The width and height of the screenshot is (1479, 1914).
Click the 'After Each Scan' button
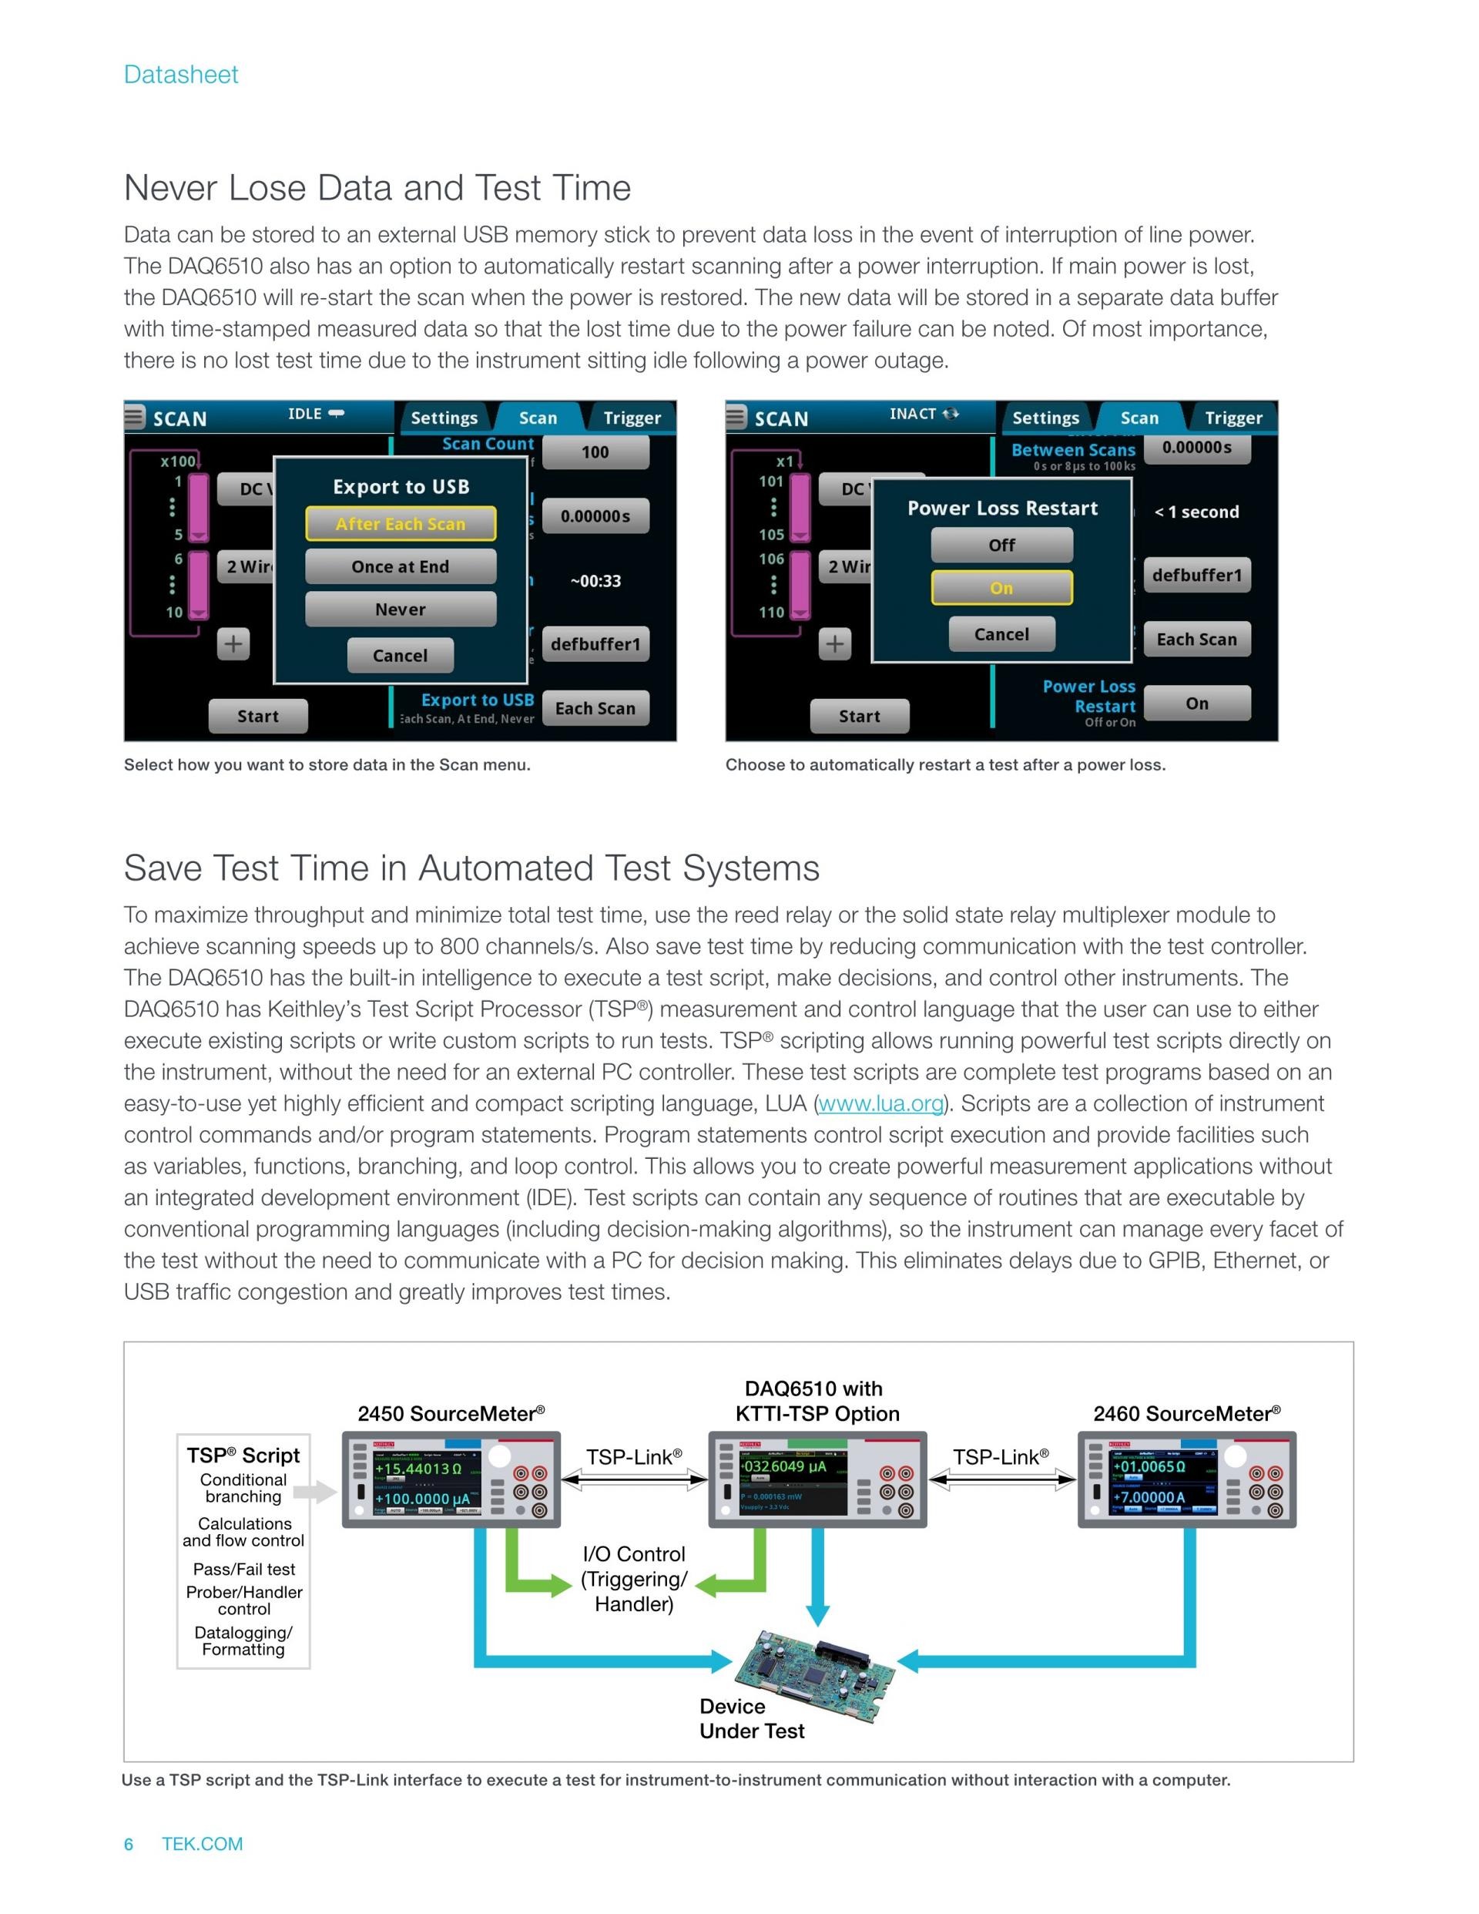click(x=401, y=524)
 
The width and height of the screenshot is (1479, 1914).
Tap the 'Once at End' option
click(x=401, y=567)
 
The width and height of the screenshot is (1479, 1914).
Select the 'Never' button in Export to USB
click(x=401, y=609)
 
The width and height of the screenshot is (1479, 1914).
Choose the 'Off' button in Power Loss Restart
click(x=1001, y=545)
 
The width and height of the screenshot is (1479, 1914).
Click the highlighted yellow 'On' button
click(x=1001, y=588)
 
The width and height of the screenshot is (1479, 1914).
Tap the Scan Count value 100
click(x=595, y=452)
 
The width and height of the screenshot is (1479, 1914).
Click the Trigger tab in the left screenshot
click(x=632, y=418)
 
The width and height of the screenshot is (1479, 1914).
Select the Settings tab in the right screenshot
click(x=1045, y=418)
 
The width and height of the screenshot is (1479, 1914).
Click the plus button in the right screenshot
click(x=835, y=644)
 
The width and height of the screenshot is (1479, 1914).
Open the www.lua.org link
click(x=880, y=1103)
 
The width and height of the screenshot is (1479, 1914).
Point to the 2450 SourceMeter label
click(x=451, y=1414)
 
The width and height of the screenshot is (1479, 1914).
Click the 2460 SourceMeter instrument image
click(x=1186, y=1480)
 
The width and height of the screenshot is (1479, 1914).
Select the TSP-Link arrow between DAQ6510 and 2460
click(x=1001, y=1480)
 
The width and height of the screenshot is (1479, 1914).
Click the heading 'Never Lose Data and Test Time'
click(x=377, y=187)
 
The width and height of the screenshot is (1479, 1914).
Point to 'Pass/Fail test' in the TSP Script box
click(x=243, y=1569)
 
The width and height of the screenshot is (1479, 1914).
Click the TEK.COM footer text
click(x=202, y=1844)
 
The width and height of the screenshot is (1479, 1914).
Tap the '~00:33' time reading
click(x=595, y=581)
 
